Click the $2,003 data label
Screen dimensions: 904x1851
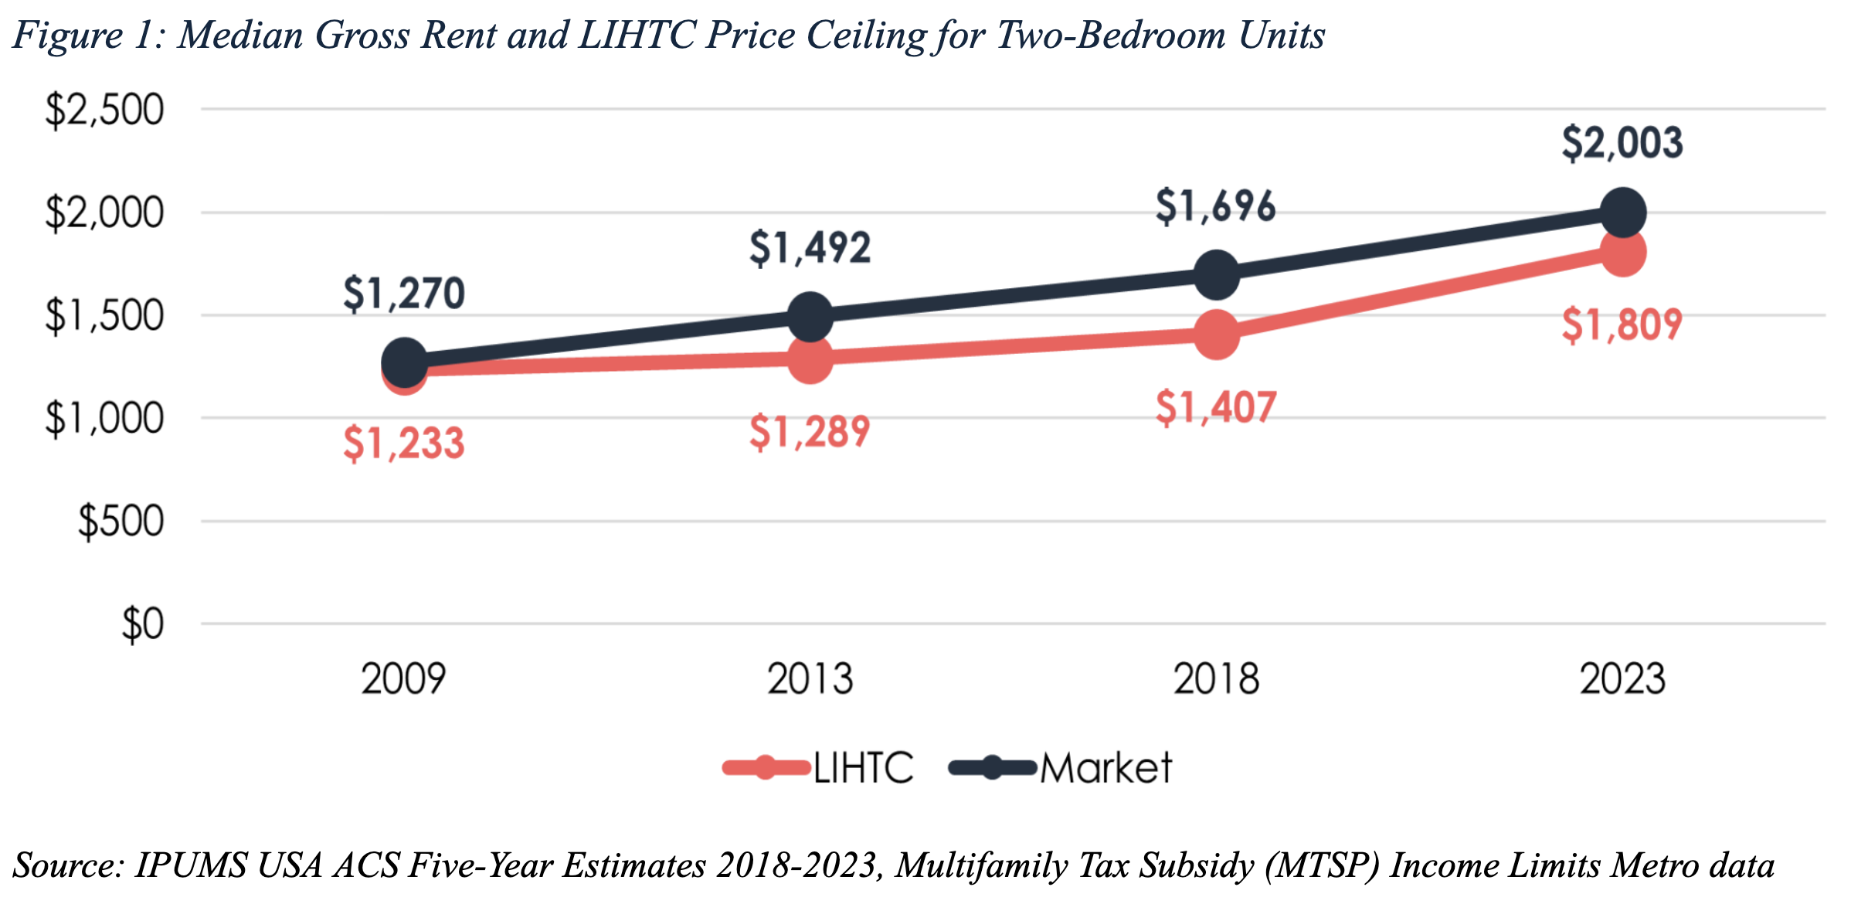pos(1622,143)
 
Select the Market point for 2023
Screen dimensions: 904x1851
pos(1622,212)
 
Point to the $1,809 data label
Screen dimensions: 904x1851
pos(1622,325)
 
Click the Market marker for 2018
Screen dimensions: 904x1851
pos(1216,275)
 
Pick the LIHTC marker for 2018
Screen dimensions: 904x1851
pos(1216,335)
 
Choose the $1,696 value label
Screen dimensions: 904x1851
pos(1215,206)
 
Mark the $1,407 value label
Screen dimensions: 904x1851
pos(1215,407)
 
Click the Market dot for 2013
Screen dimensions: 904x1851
pos(810,317)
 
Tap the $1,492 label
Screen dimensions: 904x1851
pos(810,248)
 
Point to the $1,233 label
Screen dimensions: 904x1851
pos(403,444)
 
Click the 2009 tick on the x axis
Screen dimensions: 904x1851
pos(403,679)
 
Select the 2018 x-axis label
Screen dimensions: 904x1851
pos(1216,679)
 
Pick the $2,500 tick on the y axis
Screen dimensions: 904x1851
pos(104,110)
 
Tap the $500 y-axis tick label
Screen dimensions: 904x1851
pos(121,522)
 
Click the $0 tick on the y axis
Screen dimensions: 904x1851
pos(143,624)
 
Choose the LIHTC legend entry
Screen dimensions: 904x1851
pos(819,768)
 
